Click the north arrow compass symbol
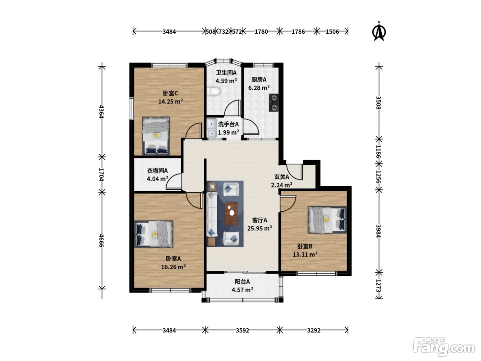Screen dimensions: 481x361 click(x=379, y=31)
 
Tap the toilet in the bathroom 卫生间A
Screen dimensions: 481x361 click(x=213, y=91)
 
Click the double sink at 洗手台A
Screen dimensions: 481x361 click(x=212, y=128)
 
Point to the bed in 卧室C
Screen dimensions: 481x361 click(x=156, y=136)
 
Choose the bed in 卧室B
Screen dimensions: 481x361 click(x=327, y=220)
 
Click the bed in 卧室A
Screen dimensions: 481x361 click(x=154, y=234)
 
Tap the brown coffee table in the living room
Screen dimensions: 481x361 click(x=231, y=214)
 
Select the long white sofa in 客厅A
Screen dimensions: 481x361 click(x=212, y=214)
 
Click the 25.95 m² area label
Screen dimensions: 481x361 click(x=260, y=228)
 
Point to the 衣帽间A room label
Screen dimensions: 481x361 click(x=157, y=170)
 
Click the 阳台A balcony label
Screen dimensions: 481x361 click(x=242, y=282)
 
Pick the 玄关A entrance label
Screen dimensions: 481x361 click(x=282, y=177)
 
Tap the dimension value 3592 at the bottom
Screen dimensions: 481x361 click(x=242, y=330)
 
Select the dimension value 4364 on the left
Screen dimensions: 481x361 click(x=101, y=111)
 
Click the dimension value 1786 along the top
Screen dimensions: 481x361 click(x=298, y=32)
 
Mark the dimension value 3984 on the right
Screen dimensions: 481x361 click(x=379, y=231)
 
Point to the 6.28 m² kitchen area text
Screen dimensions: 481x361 click(x=259, y=88)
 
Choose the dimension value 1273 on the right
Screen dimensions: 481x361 click(x=379, y=286)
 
